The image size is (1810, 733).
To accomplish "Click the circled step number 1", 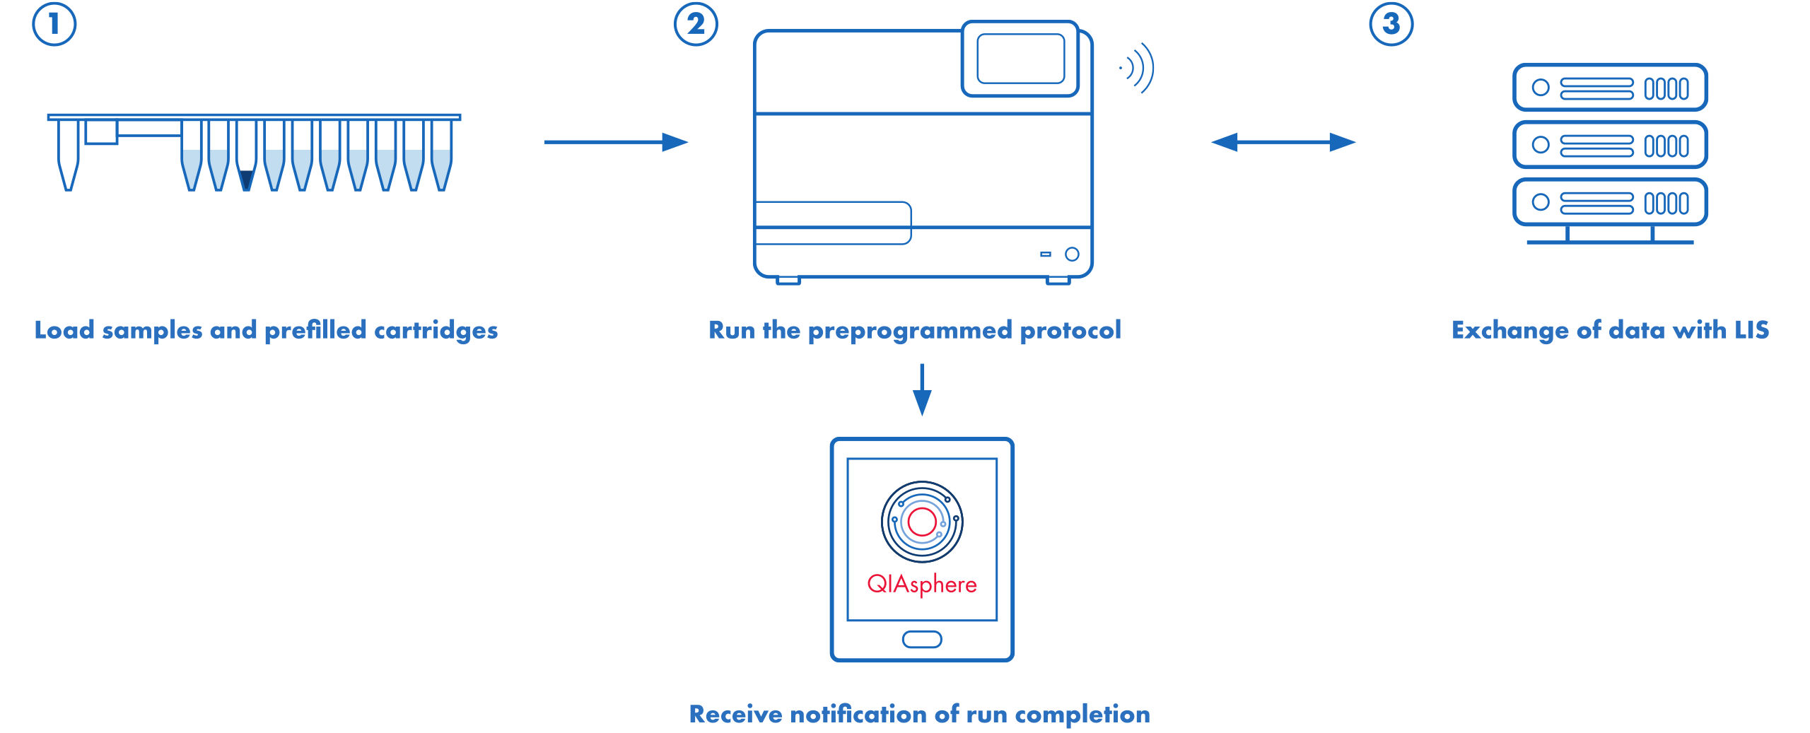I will tap(54, 24).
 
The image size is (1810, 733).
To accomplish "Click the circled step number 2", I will tap(696, 24).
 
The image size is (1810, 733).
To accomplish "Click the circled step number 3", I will tap(1391, 24).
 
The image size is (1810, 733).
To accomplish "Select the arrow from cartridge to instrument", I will tap(615, 142).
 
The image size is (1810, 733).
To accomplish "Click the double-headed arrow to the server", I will tap(1283, 142).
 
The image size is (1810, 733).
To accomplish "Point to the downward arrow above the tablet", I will tap(922, 389).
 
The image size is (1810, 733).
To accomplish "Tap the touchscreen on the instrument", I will tap(1020, 59).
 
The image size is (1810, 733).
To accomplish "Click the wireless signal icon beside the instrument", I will tap(1138, 68).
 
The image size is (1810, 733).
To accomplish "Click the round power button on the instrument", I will tap(1072, 254).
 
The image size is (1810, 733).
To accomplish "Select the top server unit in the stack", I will tap(1610, 88).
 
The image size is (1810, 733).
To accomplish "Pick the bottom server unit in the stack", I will tap(1610, 202).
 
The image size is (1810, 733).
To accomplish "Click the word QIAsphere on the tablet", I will tap(922, 584).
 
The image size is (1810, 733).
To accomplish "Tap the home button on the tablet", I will tap(922, 639).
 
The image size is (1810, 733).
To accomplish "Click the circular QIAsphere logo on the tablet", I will tap(922, 522).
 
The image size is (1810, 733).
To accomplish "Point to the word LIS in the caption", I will tap(1751, 330).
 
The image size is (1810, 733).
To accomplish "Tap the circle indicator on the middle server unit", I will tap(1541, 145).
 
